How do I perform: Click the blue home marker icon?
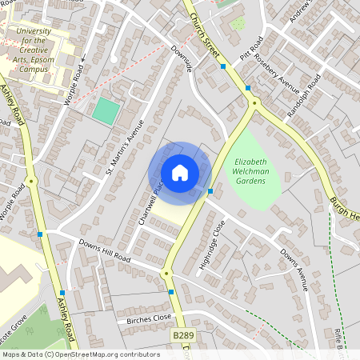(x=180, y=173)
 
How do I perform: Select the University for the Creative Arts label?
(x=34, y=50)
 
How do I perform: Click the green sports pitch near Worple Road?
(x=105, y=110)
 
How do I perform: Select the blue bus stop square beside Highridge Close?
(x=210, y=191)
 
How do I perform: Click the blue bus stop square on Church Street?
(x=223, y=67)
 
